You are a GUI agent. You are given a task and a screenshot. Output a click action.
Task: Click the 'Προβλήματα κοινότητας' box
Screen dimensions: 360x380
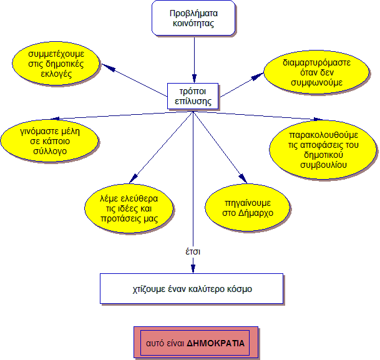[x=194, y=17]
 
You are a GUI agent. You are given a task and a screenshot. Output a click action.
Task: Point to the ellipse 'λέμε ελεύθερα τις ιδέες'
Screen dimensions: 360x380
[x=128, y=208]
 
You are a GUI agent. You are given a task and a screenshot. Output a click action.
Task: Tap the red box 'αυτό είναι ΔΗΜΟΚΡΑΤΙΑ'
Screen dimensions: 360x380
[x=195, y=343]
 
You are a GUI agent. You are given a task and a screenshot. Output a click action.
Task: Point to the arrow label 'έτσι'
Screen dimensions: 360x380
[x=193, y=252]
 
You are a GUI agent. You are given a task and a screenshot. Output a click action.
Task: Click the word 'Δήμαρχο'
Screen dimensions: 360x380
[x=256, y=213]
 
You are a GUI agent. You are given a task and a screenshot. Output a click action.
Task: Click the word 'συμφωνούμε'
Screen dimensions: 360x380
[x=316, y=82]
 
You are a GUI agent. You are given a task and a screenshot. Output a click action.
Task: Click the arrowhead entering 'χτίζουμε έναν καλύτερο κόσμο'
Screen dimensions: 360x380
[x=193, y=269]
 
